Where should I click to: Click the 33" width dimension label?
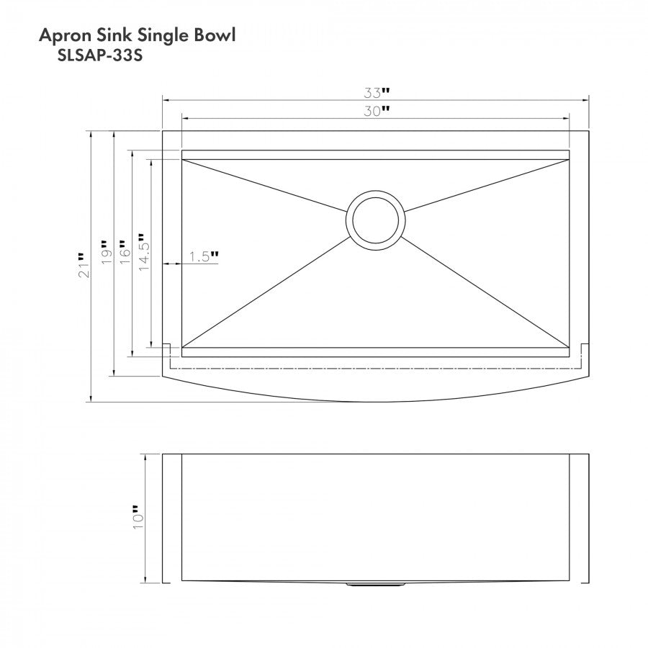click(377, 93)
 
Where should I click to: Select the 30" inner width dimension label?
click(377, 111)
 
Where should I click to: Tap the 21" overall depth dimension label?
click(83, 265)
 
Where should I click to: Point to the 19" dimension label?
click(106, 252)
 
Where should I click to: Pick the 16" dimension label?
click(125, 252)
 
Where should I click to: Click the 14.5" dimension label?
click(143, 252)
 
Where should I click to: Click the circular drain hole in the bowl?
click(376, 220)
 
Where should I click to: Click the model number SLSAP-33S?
click(100, 55)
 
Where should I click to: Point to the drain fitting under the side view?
click(376, 585)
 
